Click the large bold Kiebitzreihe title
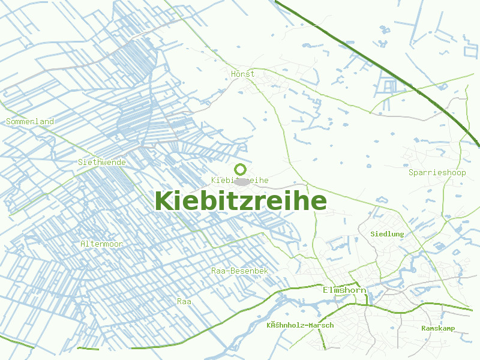point(241,200)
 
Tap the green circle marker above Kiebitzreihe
point(241,169)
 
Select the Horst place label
point(242,74)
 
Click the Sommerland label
point(30,121)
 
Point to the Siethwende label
point(102,162)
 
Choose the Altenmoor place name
point(101,244)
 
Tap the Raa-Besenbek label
point(239,271)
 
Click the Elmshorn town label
point(344,290)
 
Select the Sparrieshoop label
point(437,173)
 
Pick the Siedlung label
point(388,233)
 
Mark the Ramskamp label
point(438,328)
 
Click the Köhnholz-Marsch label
point(300,325)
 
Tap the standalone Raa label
point(184,301)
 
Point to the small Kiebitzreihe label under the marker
point(239,180)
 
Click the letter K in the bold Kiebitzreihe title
point(163,200)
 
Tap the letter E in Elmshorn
point(325,290)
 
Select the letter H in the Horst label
point(233,74)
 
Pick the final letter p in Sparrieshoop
point(464,173)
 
